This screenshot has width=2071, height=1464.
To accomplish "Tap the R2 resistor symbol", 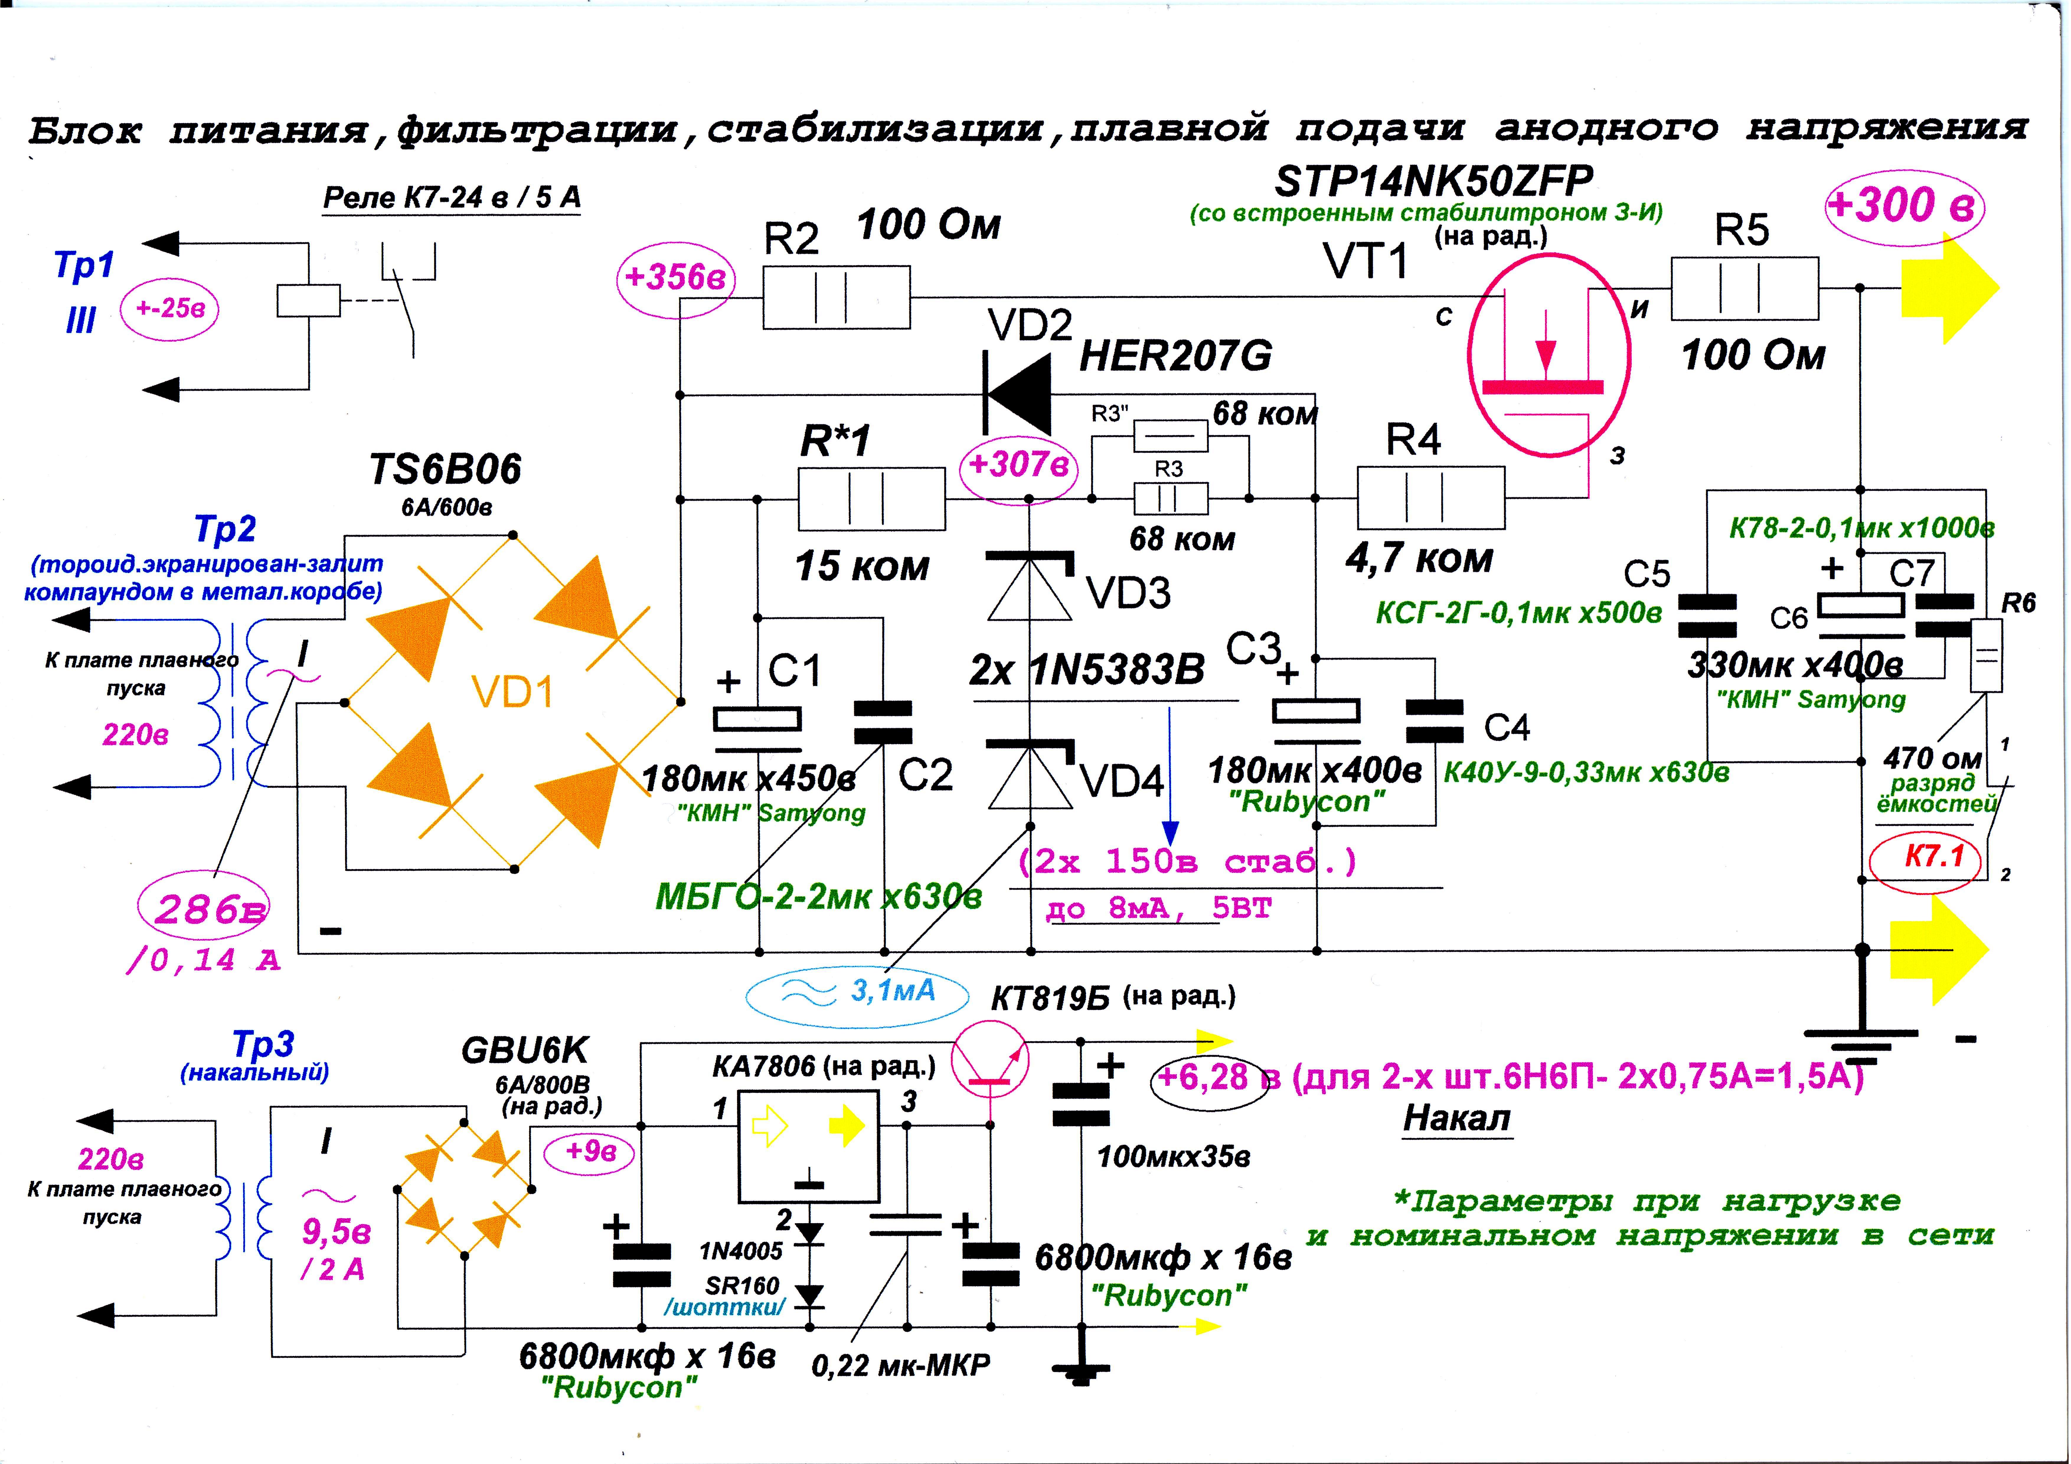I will (836, 297).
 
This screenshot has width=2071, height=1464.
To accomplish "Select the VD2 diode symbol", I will (1017, 394).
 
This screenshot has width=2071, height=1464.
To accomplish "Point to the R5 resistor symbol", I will (1744, 289).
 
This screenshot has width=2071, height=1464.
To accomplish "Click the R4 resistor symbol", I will (1430, 497).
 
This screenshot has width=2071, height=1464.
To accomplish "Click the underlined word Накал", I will (1456, 1118).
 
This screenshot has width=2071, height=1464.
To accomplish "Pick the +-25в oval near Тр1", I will (169, 309).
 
